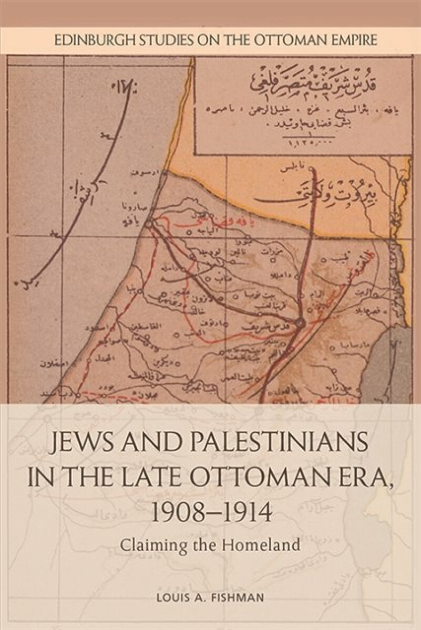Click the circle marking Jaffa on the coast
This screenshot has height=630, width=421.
[x=149, y=224]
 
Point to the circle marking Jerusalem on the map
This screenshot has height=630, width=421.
[x=300, y=322]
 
